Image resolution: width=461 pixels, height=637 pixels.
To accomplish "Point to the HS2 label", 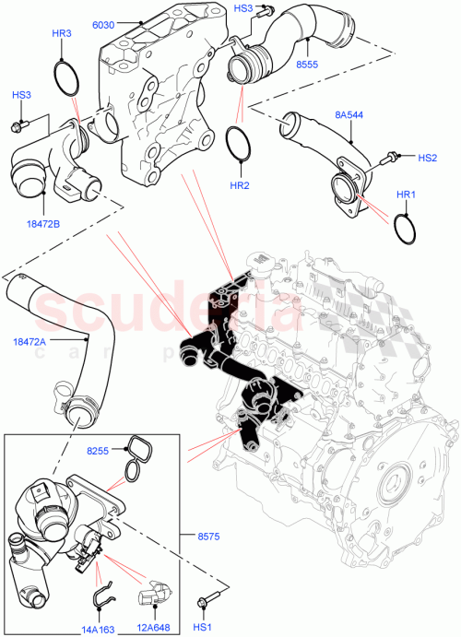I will pos(427,158).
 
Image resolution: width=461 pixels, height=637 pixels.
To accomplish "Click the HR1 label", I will pos(407,195).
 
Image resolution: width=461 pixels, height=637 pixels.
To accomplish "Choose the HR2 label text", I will pos(240,184).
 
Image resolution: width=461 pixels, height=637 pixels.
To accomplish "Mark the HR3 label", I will pos(62,33).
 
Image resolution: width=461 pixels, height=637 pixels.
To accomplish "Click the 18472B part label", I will pos(43,222).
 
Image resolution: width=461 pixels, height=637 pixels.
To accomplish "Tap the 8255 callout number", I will pos(99,451).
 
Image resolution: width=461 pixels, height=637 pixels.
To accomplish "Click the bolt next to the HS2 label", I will pos(393,158).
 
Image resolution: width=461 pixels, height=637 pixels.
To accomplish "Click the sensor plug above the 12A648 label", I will pos(151,598).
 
